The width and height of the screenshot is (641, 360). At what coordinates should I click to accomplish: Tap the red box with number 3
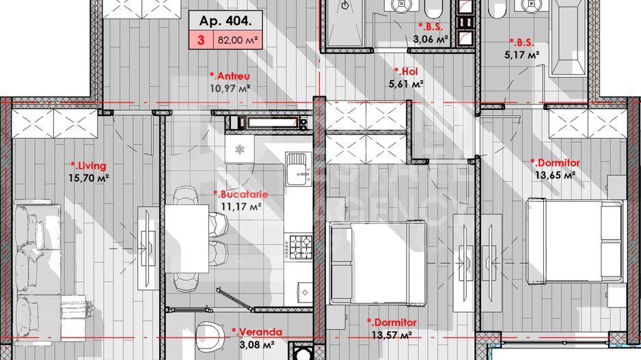click(201, 40)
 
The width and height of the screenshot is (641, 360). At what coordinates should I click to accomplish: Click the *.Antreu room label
click(230, 76)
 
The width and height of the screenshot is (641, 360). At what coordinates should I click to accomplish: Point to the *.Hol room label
click(407, 71)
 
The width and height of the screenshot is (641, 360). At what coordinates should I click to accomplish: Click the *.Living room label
click(89, 165)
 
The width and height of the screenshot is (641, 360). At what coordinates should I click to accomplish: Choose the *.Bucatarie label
click(240, 194)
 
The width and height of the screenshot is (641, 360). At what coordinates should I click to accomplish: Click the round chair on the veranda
click(210, 335)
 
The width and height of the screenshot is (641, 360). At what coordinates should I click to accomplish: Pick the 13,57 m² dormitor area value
click(390, 335)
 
